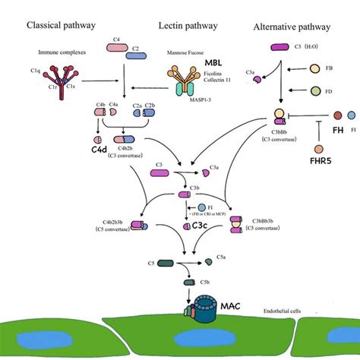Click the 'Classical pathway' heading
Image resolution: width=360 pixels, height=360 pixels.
point(61,25)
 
